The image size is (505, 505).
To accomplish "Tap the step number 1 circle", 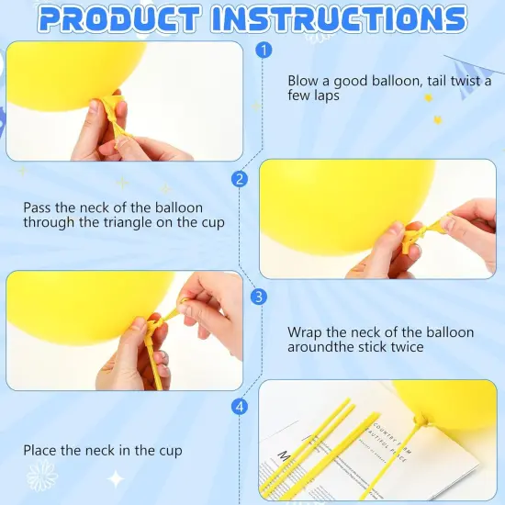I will tap(264, 50).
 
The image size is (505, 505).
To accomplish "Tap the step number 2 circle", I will tap(241, 179).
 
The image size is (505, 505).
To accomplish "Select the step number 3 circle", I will tap(259, 296).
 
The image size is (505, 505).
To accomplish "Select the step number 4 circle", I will tap(241, 406).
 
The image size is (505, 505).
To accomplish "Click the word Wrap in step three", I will tap(304, 331).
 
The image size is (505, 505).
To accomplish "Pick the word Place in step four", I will tap(41, 450).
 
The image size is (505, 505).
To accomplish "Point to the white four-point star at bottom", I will tap(116, 478).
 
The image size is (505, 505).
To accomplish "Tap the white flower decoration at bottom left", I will tap(41, 477).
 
